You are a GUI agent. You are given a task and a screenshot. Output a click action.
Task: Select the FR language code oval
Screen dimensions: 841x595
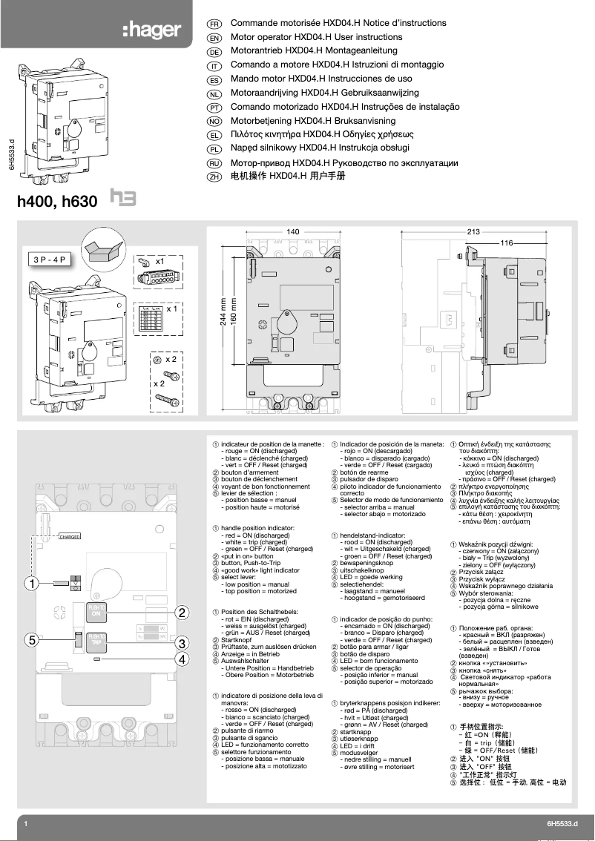[x=213, y=24]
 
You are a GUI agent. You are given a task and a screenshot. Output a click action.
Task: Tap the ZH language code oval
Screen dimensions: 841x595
[x=213, y=177]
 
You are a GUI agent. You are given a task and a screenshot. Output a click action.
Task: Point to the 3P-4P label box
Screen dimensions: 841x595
[x=50, y=260]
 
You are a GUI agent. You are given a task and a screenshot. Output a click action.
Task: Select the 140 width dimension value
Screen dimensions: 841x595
[x=293, y=232]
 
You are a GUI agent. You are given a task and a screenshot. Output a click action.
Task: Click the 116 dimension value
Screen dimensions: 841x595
[x=507, y=243]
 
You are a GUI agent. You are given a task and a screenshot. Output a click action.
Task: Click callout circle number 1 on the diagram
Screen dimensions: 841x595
[x=30, y=582]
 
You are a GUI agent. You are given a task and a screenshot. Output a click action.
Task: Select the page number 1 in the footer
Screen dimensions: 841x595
[x=25, y=825]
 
